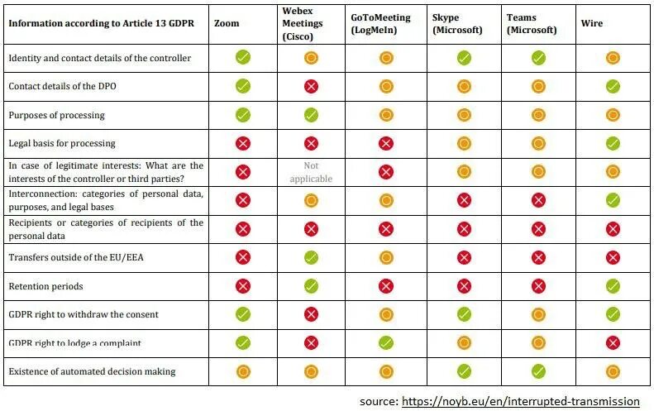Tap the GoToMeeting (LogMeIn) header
(x=380, y=23)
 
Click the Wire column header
(x=591, y=23)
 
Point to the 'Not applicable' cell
(x=311, y=172)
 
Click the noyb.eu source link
(x=520, y=401)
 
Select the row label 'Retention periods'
(x=46, y=286)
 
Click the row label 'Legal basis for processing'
(x=62, y=143)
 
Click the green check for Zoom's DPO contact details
(x=243, y=86)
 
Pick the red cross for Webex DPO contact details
(x=311, y=86)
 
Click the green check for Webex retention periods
(x=311, y=286)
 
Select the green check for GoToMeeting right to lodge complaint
(x=386, y=342)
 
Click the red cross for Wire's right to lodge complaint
(x=613, y=342)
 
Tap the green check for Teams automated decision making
(x=538, y=371)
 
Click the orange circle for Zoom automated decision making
(x=243, y=371)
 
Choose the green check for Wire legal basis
(x=613, y=143)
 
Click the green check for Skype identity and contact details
(x=464, y=58)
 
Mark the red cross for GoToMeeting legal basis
(x=386, y=143)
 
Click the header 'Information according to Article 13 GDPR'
(x=98, y=23)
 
